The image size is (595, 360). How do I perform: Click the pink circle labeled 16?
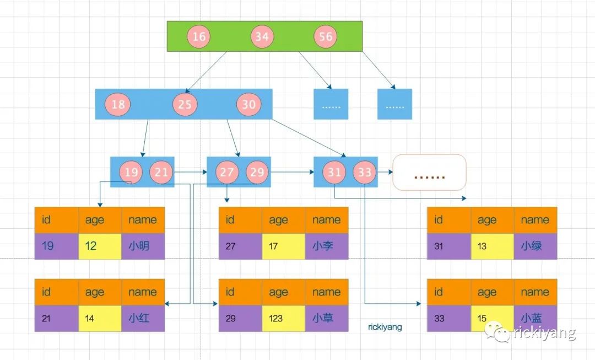click(x=199, y=36)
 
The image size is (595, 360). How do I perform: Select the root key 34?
click(x=262, y=36)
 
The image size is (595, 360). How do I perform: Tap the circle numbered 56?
click(x=326, y=36)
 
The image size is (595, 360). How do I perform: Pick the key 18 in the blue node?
click(x=118, y=104)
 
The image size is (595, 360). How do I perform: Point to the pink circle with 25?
click(x=185, y=104)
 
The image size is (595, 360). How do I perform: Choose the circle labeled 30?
click(x=248, y=104)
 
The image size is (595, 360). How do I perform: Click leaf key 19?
click(x=131, y=172)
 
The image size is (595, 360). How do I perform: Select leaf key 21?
click(x=161, y=172)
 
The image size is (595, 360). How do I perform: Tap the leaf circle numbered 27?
click(x=227, y=172)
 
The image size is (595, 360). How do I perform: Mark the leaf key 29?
click(x=257, y=172)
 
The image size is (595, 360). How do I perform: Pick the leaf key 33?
click(x=364, y=172)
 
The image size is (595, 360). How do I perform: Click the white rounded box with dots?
click(x=429, y=172)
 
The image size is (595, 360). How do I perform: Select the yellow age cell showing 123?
click(x=283, y=318)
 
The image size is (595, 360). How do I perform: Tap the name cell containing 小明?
click(x=143, y=246)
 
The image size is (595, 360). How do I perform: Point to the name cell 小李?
click(x=327, y=246)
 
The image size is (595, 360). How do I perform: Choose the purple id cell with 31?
click(x=449, y=246)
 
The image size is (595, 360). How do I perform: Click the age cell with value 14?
click(x=100, y=318)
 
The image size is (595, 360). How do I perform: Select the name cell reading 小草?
click(x=327, y=318)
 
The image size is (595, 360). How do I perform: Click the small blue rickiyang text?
click(x=385, y=327)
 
